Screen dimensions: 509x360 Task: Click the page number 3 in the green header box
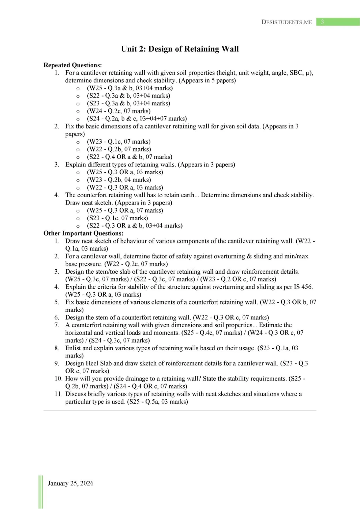click(322, 22)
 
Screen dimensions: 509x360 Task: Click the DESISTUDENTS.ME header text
click(286, 22)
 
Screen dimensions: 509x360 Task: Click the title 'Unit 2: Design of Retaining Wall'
click(180, 49)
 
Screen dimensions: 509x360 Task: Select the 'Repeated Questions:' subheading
click(72, 65)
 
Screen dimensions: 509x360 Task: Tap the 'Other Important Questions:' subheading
click(83, 233)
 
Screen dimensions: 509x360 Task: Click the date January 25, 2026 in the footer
click(71, 483)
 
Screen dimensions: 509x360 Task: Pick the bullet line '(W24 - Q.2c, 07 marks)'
click(119, 111)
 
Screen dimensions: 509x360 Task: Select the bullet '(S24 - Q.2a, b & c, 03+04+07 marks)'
click(137, 119)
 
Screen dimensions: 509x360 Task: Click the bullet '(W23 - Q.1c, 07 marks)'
click(119, 142)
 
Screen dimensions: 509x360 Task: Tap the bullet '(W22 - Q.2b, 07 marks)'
click(119, 149)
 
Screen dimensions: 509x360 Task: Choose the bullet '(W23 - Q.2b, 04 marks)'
click(119, 180)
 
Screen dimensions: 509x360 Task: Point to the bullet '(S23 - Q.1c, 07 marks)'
click(117, 218)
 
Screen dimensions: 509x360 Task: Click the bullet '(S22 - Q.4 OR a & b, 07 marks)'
click(130, 157)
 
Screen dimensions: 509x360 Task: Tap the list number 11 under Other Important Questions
click(58, 394)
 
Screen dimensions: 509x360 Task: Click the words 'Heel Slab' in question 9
click(98, 363)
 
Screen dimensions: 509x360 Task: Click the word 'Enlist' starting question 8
click(74, 348)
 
